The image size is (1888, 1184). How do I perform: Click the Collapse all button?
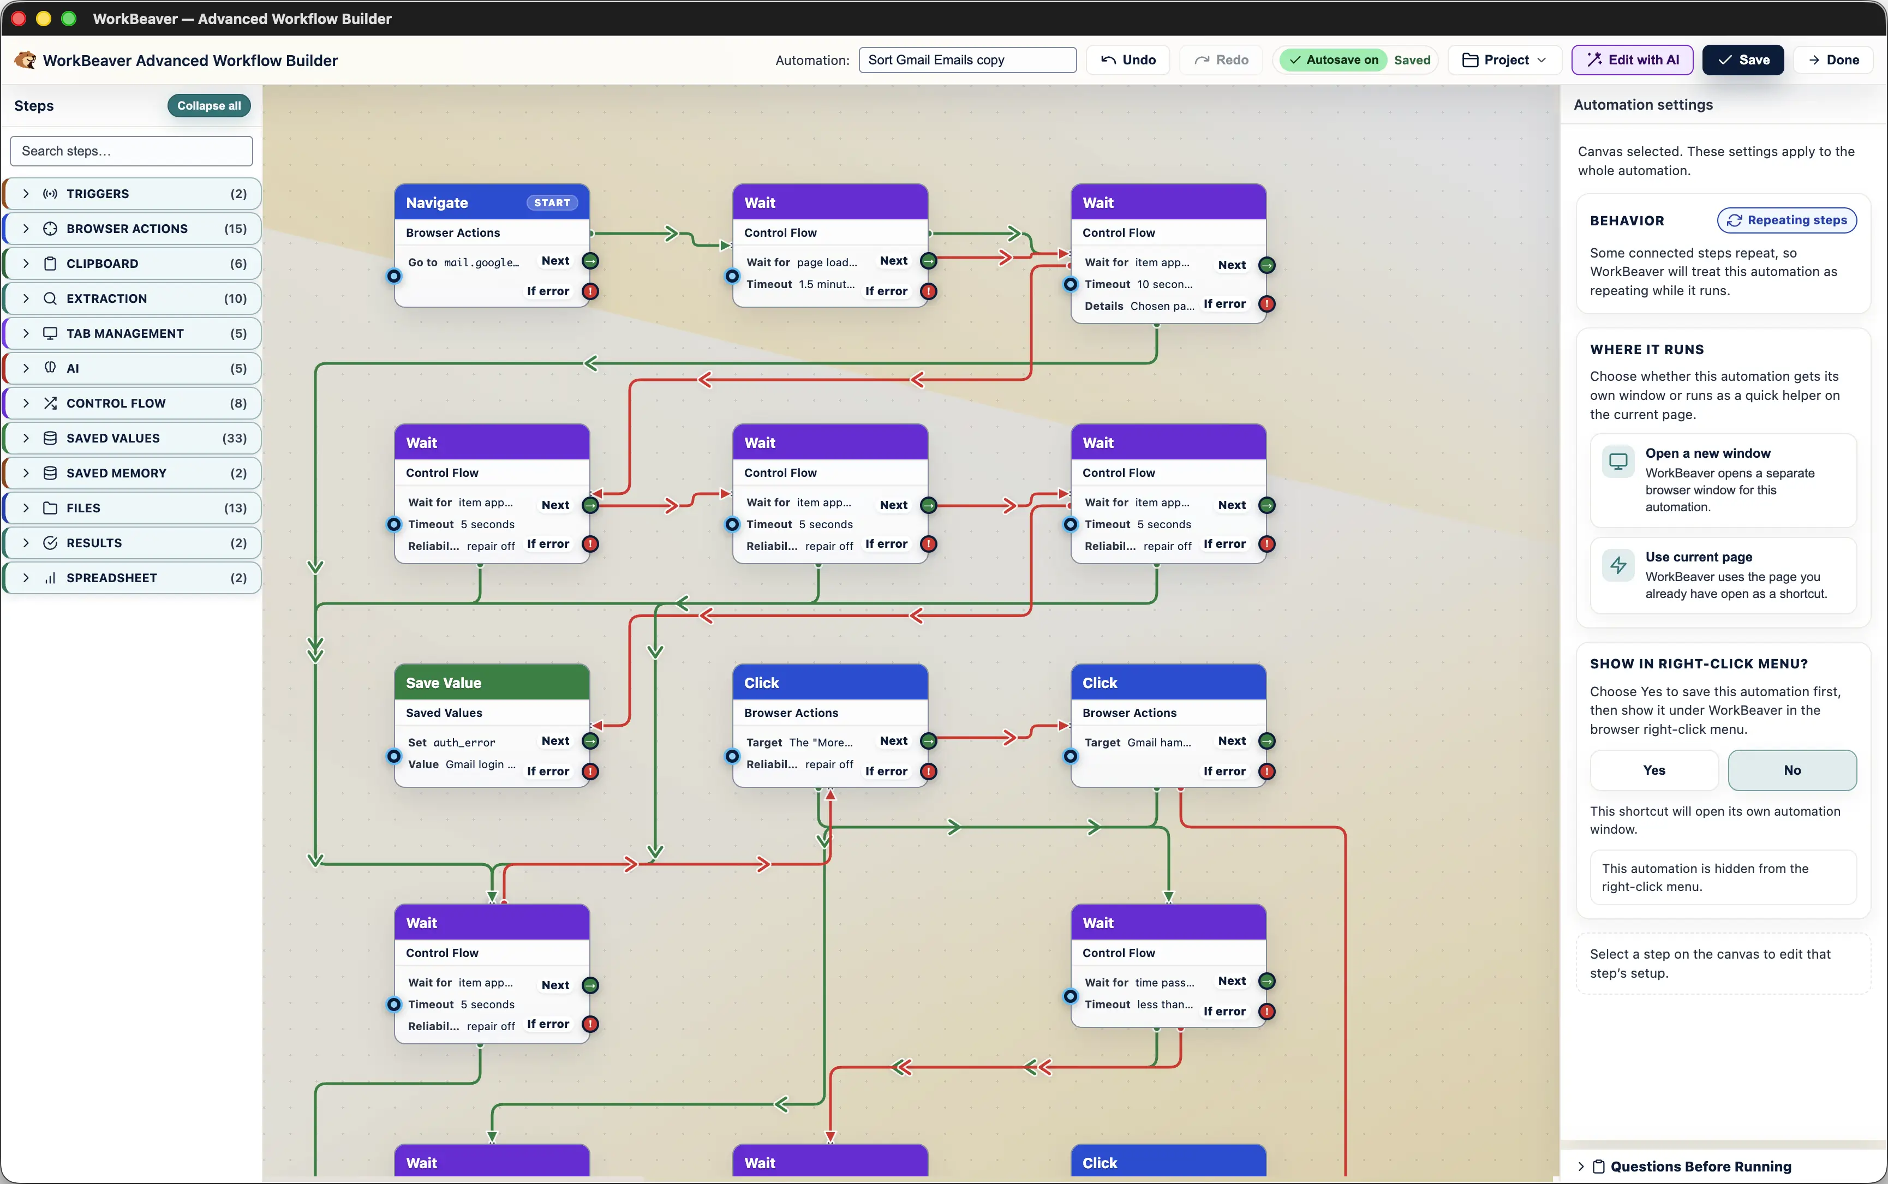209,106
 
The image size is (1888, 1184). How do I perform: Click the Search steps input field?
132,151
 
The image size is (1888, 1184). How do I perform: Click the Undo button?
1128,61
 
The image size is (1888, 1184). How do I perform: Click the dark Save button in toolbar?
1743,61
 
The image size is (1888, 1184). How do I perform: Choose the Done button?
1833,61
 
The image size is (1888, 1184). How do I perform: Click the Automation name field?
967,61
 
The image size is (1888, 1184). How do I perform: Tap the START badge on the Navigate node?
552,203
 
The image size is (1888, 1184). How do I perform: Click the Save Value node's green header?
492,682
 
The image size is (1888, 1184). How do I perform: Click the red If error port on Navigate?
590,291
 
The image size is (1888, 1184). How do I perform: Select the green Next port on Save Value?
590,741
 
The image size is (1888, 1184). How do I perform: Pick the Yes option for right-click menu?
1654,770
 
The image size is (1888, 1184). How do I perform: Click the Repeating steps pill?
1787,221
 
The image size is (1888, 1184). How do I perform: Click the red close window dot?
19,19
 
